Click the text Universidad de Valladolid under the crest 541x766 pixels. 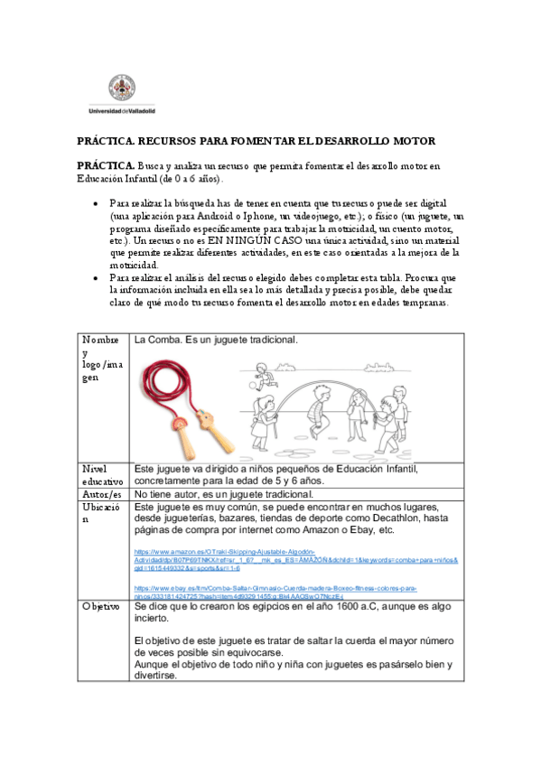click(x=122, y=111)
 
